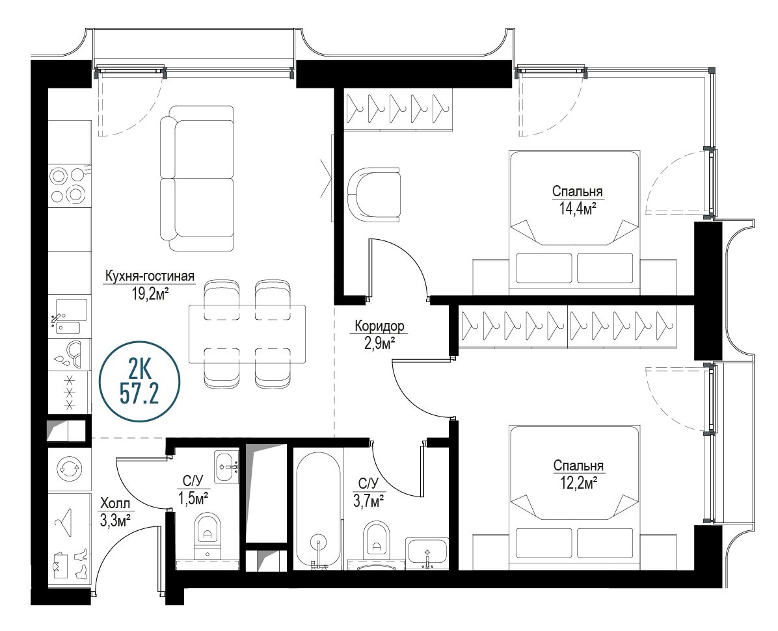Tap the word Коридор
[380, 326]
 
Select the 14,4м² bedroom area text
[578, 209]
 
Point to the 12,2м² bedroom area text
[578, 483]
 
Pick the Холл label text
[115, 504]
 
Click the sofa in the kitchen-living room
[197, 178]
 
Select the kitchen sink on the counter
[70, 316]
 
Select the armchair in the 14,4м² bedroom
[373, 194]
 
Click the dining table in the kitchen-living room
[247, 334]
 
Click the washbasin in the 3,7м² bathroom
[427, 551]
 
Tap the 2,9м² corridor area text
[380, 342]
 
